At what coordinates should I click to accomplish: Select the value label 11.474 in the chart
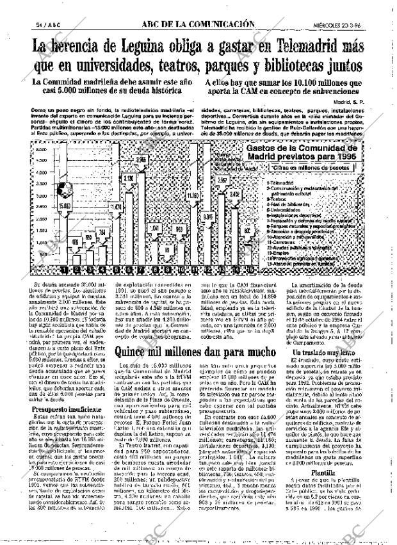[x=116, y=207]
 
